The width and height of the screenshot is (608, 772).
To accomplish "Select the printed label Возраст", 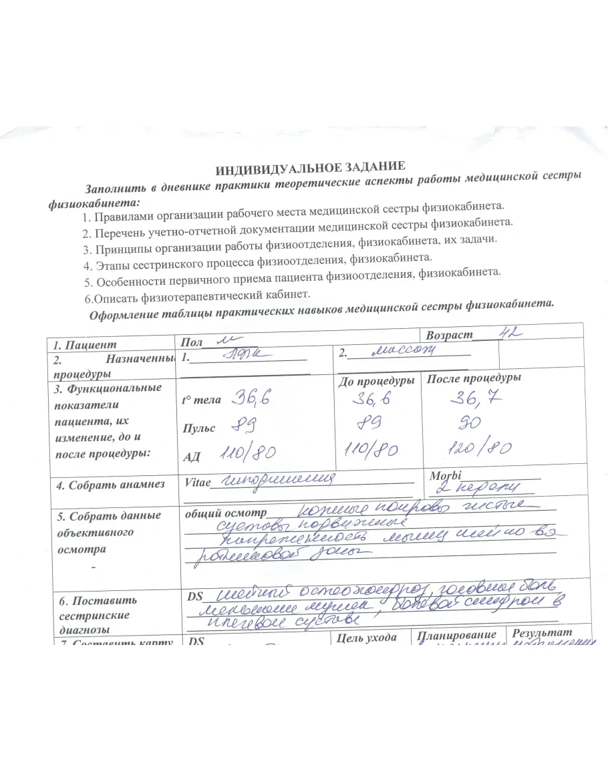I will point(449,335).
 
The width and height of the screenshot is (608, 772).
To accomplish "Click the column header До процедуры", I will point(376,380).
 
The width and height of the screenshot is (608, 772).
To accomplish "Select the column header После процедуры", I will point(474,378).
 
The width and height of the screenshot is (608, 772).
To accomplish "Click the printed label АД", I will point(192,457).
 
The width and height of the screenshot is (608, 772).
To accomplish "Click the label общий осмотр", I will point(224,515).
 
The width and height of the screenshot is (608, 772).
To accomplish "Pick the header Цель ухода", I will point(369,636).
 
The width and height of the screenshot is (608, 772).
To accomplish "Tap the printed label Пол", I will point(192,342).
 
